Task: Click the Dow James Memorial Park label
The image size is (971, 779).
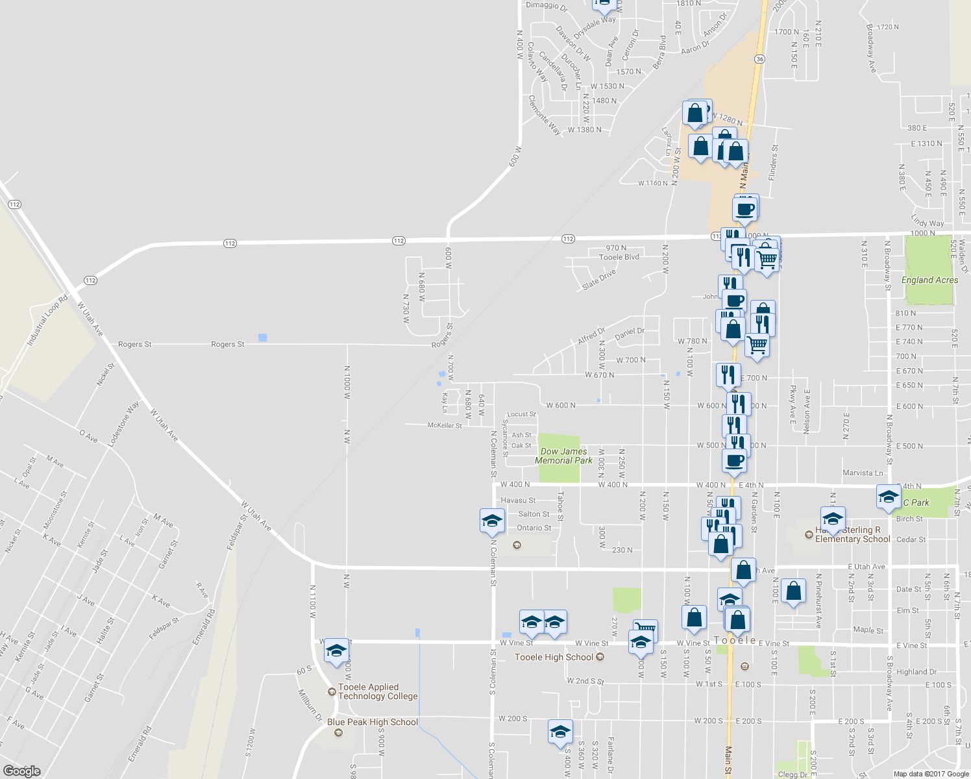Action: [563, 456]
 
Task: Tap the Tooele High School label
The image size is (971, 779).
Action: [554, 658]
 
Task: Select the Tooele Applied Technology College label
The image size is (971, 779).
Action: [378, 691]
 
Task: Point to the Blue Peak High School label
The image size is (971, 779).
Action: [373, 722]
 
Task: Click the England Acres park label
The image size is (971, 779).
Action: [929, 280]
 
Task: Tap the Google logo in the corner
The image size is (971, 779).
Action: [21, 771]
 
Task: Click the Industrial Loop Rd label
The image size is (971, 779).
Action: [47, 320]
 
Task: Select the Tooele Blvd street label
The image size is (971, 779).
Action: [619, 257]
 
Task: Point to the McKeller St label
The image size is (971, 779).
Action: [445, 425]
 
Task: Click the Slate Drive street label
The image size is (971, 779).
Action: [598, 280]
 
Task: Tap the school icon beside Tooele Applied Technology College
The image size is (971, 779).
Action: [336, 651]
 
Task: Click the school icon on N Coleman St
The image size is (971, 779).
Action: [492, 521]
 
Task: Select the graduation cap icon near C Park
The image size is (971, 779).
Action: [888, 497]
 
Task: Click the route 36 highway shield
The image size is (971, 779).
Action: [759, 59]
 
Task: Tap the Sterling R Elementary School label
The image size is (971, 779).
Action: [852, 535]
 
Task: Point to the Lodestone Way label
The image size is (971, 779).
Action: [123, 424]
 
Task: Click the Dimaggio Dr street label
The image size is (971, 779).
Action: [547, 6]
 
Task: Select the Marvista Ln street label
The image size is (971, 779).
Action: [863, 473]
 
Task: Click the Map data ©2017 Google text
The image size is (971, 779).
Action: [931, 773]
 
